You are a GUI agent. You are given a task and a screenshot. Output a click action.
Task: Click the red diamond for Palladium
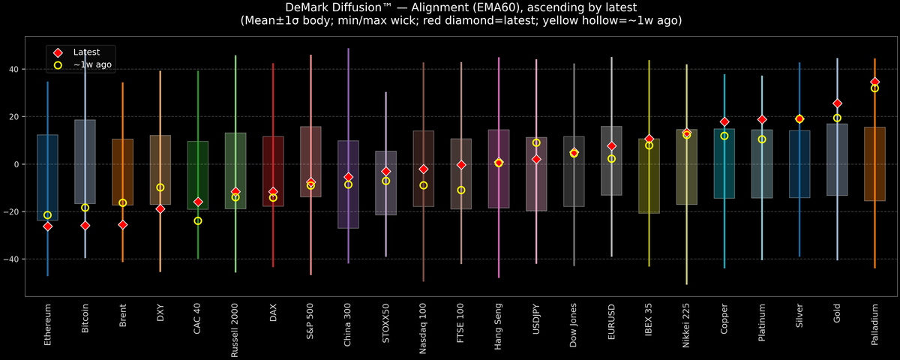874,82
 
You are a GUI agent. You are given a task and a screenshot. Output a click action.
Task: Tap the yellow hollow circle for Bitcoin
85,208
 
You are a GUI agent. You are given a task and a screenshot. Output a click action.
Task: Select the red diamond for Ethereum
48,226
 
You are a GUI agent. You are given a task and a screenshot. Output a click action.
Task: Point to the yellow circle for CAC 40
198,220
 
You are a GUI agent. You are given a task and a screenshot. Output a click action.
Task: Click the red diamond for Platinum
762,119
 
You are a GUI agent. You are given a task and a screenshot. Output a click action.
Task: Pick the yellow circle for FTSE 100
461,190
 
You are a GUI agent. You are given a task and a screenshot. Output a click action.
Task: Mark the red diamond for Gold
837,103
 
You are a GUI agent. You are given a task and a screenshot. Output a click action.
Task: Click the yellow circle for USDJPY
536,142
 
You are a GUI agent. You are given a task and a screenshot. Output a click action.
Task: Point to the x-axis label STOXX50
386,322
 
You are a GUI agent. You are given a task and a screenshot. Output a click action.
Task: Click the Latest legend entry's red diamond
58,52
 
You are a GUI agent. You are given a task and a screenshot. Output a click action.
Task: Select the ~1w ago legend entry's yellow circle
58,65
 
